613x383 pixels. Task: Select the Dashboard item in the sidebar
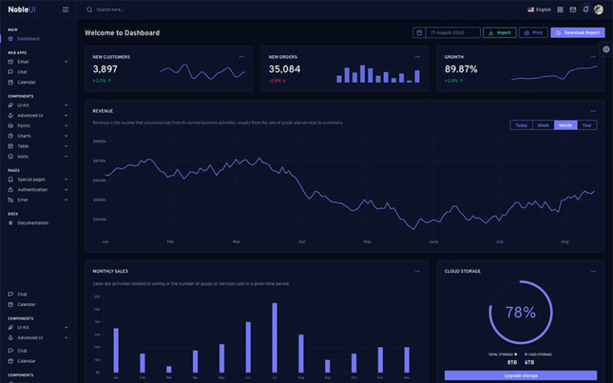tap(28, 38)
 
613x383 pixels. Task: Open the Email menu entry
tap(23, 61)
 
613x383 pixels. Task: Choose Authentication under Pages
tap(33, 190)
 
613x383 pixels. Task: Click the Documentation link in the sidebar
tap(33, 223)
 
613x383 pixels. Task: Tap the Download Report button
tap(577, 33)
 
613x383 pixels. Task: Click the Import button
tap(500, 33)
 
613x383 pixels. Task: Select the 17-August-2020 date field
tap(447, 33)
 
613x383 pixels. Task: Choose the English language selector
tap(540, 10)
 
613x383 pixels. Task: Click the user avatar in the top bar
tap(599, 10)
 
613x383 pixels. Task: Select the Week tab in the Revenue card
tap(543, 125)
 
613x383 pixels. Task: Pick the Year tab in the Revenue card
tap(587, 125)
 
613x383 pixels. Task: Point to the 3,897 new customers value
tap(105, 69)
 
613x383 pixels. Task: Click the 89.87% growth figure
tap(461, 69)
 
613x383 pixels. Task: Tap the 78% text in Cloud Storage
tap(520, 313)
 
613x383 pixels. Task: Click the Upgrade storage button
tap(520, 375)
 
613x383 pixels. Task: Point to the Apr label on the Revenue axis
tap(302, 241)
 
